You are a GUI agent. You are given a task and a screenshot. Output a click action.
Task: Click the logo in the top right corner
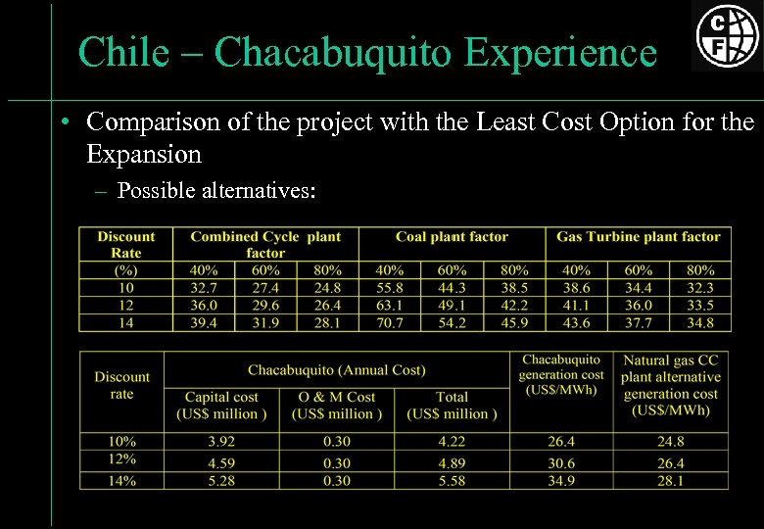(x=727, y=36)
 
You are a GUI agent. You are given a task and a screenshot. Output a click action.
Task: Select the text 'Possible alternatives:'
(x=215, y=190)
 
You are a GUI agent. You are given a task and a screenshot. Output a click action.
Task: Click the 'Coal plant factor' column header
(x=452, y=237)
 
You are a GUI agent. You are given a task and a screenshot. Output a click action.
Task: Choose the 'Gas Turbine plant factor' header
(x=638, y=237)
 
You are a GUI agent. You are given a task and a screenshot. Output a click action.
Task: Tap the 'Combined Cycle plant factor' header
(x=265, y=244)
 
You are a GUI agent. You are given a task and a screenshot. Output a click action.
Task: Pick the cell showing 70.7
(x=389, y=322)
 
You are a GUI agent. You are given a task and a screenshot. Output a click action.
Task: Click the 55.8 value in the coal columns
(x=389, y=288)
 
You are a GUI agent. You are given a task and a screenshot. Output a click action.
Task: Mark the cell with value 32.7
(x=203, y=288)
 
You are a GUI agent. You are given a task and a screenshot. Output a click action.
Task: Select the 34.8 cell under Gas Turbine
(x=700, y=322)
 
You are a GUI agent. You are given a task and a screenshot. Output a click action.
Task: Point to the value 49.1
(x=452, y=305)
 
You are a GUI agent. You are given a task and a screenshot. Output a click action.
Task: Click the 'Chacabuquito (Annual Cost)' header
(x=336, y=370)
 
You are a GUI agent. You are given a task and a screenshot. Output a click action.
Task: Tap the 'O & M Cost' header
(x=336, y=397)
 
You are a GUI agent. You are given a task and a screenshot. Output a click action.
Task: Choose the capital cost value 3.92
(x=221, y=442)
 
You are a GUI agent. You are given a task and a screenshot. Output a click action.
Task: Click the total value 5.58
(x=452, y=481)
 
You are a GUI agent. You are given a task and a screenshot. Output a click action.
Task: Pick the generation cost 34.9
(x=561, y=481)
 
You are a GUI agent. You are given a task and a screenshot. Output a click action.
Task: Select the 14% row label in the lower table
(x=122, y=481)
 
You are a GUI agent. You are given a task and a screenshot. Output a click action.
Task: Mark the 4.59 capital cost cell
(x=221, y=462)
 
